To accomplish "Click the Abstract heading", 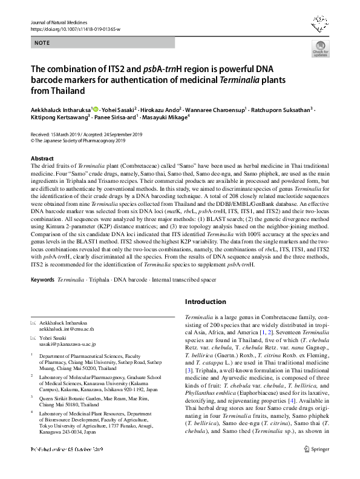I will (42, 157).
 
